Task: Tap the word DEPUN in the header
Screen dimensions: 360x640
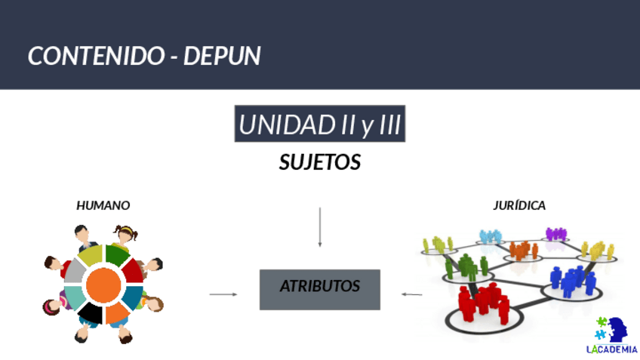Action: [x=228, y=56]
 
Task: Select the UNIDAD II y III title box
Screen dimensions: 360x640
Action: [x=320, y=125]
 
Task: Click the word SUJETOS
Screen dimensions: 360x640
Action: [x=320, y=162]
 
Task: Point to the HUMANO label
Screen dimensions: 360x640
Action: [x=103, y=205]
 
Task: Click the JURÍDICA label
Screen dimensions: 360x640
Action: [x=519, y=205]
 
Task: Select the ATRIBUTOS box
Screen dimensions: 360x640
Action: [x=320, y=288]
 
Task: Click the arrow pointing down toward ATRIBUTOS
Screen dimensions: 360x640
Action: [x=320, y=226]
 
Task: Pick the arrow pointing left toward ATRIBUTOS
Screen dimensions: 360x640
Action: [x=412, y=294]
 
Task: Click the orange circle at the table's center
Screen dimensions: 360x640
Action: [x=104, y=284]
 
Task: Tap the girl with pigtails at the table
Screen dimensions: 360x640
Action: [x=126, y=233]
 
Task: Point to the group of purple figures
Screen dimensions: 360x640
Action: [x=556, y=233]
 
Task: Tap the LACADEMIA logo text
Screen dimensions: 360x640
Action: [x=612, y=349]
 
